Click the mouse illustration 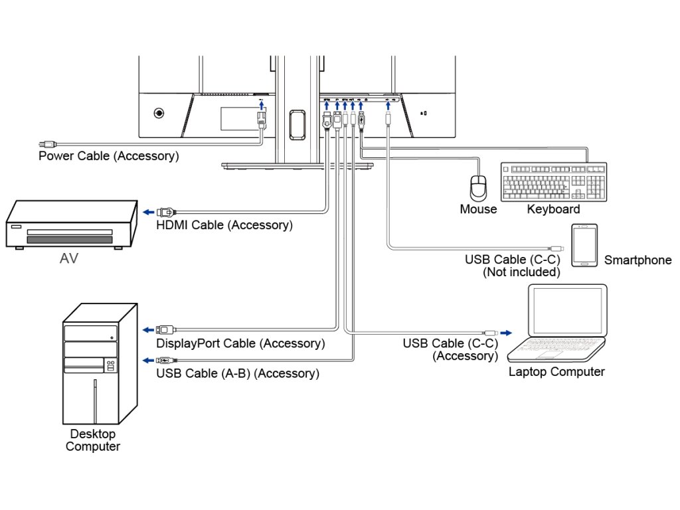478,189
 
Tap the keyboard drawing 554,181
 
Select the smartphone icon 584,245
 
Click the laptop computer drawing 561,323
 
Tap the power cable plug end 48,143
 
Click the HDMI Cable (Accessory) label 224,225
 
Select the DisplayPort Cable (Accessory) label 240,343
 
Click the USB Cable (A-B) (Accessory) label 238,373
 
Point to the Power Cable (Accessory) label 108,156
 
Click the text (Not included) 521,272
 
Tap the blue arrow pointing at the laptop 506,332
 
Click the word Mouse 478,209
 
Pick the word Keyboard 553,209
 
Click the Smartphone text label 637,260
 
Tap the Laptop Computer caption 556,372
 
